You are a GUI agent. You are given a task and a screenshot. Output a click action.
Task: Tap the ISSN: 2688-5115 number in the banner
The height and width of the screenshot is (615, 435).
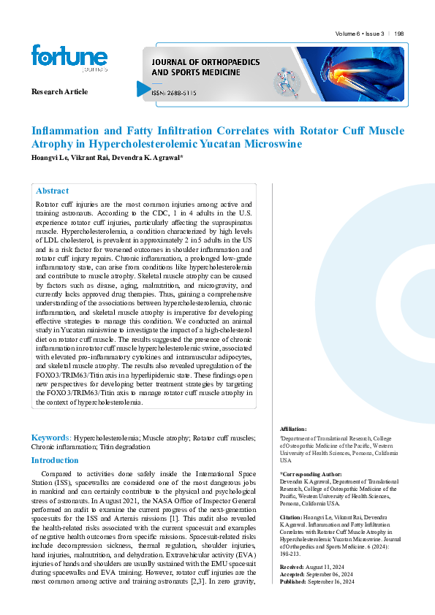tap(173, 94)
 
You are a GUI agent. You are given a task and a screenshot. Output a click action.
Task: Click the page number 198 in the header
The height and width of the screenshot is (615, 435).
tap(399, 34)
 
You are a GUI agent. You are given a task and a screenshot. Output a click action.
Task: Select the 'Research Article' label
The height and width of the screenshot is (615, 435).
tap(59, 91)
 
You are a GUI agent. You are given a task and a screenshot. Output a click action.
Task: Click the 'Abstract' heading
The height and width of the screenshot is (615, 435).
tap(52, 191)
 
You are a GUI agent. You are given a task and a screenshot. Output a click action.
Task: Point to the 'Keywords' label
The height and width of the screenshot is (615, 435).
tap(50, 437)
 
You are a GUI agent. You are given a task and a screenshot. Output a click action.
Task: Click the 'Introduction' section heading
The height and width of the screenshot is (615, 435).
tap(54, 460)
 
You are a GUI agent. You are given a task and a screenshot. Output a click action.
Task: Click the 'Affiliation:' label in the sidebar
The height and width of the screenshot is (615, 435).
tap(294, 429)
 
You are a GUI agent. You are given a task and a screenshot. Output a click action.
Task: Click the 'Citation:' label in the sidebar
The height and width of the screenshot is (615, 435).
tap(292, 517)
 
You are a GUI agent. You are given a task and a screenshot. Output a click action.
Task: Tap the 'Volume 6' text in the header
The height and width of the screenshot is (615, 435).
tap(349, 34)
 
